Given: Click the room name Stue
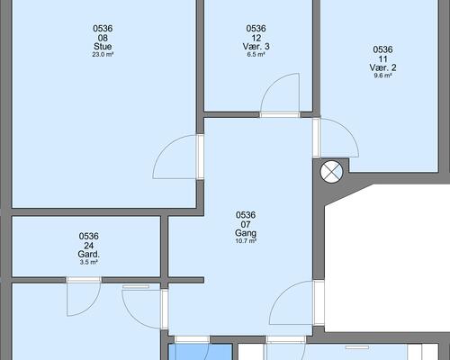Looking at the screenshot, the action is [x=103, y=47].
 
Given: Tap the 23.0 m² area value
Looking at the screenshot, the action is [x=103, y=55].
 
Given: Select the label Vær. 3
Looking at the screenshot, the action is [x=256, y=47].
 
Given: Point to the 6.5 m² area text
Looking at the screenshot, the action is [x=256, y=55].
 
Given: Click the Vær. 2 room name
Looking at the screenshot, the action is [x=382, y=67].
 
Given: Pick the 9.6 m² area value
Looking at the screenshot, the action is [x=382, y=76].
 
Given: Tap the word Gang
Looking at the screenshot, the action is [x=246, y=233].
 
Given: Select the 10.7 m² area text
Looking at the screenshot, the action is [x=246, y=241].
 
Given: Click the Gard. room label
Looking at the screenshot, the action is [x=89, y=255].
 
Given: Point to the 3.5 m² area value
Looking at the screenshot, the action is [x=89, y=263].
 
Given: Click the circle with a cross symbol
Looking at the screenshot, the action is [x=331, y=172].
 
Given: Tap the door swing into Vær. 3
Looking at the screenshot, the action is [x=272, y=84].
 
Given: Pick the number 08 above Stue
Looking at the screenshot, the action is [x=103, y=38].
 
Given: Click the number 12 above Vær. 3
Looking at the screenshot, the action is [x=256, y=38].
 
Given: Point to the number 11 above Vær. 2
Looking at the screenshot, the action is [x=382, y=58].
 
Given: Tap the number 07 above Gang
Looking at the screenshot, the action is [x=246, y=224].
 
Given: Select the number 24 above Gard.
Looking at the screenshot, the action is [x=89, y=246].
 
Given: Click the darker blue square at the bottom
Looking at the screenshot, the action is [x=201, y=352].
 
